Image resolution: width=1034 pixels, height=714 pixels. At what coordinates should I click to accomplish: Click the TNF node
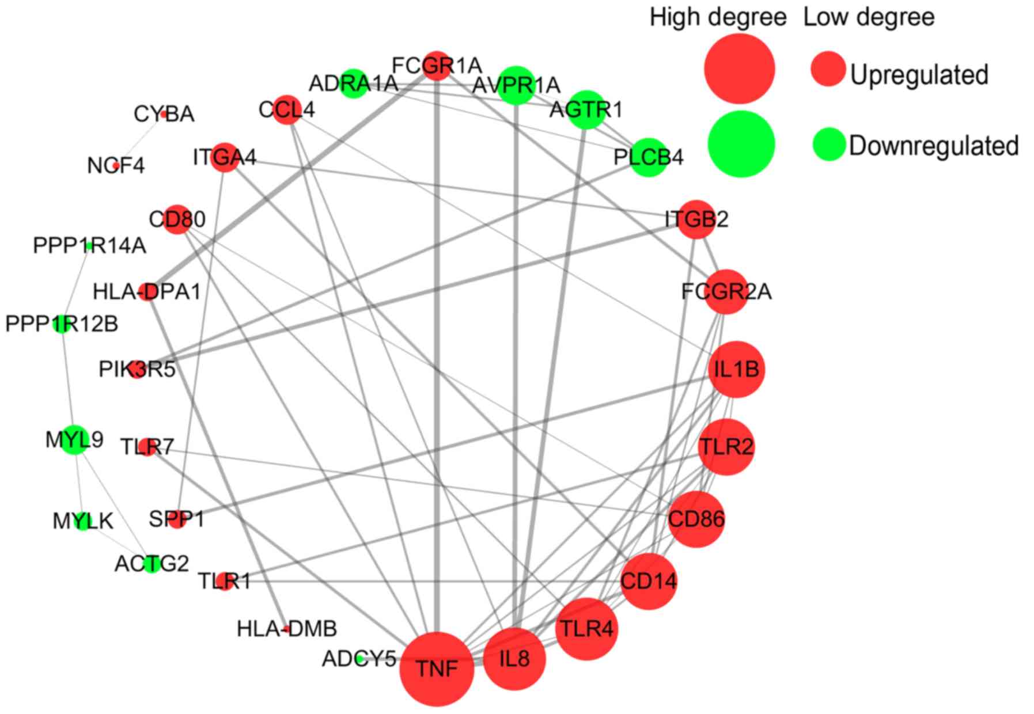pyautogui.click(x=437, y=669)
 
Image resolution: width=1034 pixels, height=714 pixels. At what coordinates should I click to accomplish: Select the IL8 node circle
pyautogui.click(x=514, y=658)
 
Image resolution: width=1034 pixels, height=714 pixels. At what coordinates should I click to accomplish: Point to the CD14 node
pyautogui.click(x=649, y=581)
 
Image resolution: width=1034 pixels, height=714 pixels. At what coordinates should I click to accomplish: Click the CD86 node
pyautogui.click(x=696, y=519)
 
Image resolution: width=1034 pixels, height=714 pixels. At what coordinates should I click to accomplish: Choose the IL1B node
pyautogui.click(x=737, y=369)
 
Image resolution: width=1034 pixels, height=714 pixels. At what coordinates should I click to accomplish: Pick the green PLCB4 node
pyautogui.click(x=649, y=157)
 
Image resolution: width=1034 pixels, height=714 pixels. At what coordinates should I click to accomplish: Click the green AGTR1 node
pyautogui.click(x=586, y=109)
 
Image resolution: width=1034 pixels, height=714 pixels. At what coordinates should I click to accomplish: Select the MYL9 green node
pyautogui.click(x=74, y=440)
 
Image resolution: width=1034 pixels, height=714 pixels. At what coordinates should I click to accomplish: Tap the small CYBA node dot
pyautogui.click(x=164, y=114)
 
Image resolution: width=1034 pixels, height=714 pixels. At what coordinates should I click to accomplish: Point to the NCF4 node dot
pyautogui.click(x=116, y=166)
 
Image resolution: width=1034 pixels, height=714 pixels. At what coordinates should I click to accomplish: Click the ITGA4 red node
pyautogui.click(x=225, y=157)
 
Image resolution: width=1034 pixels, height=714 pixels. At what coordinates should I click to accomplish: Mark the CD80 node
pyautogui.click(x=177, y=219)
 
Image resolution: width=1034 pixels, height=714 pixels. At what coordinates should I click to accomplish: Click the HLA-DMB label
pyautogui.click(x=287, y=629)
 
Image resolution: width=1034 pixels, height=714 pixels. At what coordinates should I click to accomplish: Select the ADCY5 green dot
pyautogui.click(x=359, y=658)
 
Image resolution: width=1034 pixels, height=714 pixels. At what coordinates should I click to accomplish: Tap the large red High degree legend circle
pyautogui.click(x=740, y=69)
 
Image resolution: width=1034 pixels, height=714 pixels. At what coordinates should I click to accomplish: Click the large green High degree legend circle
pyautogui.click(x=741, y=144)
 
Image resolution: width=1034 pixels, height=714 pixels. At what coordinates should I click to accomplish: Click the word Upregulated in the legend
pyautogui.click(x=919, y=75)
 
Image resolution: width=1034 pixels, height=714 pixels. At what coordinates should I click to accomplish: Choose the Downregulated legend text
pyautogui.click(x=933, y=146)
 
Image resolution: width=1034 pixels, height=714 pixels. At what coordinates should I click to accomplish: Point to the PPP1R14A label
pyautogui.click(x=89, y=246)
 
